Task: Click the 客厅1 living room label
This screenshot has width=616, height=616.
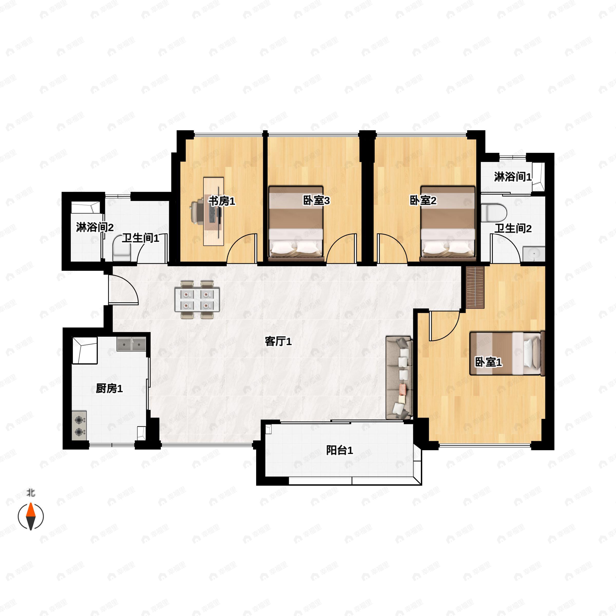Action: [278, 342]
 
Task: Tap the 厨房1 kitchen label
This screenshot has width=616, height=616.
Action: [109, 388]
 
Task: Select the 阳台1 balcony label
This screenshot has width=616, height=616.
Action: [340, 450]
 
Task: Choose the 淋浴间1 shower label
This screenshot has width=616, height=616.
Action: [513, 177]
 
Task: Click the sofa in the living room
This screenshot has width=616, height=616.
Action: [399, 378]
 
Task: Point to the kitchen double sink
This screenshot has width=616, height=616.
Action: [131, 344]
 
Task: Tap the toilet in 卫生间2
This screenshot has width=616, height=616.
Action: [494, 213]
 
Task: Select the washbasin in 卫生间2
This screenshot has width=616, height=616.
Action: [534, 254]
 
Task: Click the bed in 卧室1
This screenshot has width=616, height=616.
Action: [507, 353]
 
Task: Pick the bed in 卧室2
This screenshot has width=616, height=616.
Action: [448, 223]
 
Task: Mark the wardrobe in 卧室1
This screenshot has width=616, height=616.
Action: [475, 287]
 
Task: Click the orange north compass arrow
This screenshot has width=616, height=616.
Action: [31, 511]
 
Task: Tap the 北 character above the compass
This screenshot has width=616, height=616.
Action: [31, 493]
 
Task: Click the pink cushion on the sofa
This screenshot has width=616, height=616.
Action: [403, 388]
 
